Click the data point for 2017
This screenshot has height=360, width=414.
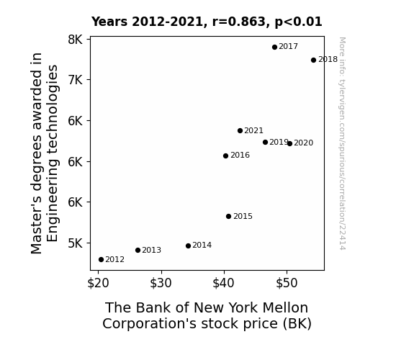(x=274, y=48)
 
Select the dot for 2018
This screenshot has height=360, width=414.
(x=313, y=60)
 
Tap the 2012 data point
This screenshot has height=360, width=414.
(x=101, y=260)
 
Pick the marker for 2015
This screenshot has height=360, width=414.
(x=229, y=216)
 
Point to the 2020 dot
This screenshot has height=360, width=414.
(x=290, y=144)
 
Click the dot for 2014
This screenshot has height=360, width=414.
(x=188, y=246)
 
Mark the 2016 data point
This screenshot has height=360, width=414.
(x=226, y=156)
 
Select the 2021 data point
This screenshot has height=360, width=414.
(x=240, y=131)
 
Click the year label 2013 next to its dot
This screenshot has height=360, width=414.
(x=151, y=250)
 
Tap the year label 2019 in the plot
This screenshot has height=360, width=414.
(x=279, y=142)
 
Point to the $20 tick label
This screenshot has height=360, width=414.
(x=98, y=283)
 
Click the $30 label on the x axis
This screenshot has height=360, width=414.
(x=161, y=283)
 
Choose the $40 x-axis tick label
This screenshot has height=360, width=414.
(x=224, y=283)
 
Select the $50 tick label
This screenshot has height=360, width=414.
(x=287, y=283)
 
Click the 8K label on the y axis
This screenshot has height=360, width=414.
(x=76, y=40)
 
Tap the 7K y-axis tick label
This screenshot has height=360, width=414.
(x=76, y=80)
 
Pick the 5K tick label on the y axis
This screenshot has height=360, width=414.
(x=76, y=243)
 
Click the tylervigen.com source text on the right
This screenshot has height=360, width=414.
(x=342, y=144)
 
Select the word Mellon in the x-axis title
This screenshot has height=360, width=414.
(x=285, y=307)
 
